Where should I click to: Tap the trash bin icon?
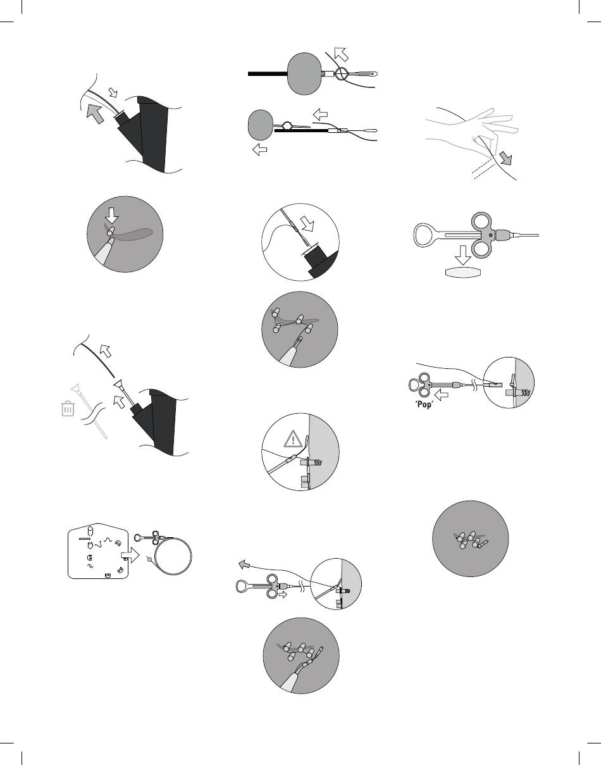tap(67, 409)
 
